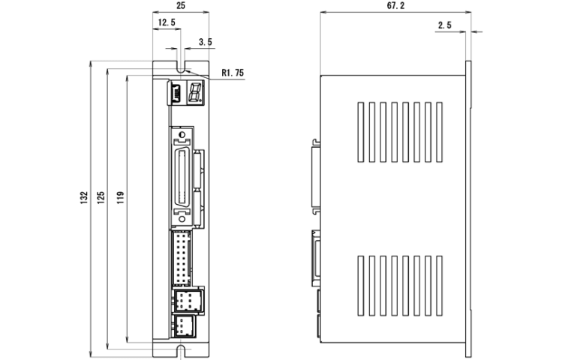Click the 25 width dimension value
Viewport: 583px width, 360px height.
coord(180,5)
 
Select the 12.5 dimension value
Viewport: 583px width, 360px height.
coord(167,22)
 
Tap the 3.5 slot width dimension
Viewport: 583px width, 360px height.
coord(206,42)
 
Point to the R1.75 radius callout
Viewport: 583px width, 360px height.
coord(233,73)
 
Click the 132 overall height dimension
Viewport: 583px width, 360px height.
coord(84,197)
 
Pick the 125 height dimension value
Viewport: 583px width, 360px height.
coord(101,197)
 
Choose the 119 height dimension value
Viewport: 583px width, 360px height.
coord(120,197)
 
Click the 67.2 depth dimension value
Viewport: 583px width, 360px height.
coord(395,5)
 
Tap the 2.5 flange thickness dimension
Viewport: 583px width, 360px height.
coord(445,25)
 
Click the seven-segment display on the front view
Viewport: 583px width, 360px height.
coord(195,91)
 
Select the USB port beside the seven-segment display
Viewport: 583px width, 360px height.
coord(176,93)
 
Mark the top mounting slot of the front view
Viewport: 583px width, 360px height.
coord(181,67)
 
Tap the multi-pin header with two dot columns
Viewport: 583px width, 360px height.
coord(182,257)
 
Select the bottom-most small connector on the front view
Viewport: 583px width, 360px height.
coord(185,326)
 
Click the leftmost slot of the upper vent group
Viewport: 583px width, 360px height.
coord(360,132)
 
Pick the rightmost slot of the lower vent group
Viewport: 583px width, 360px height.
coord(439,286)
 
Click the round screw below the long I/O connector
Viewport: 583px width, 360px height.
coord(182,219)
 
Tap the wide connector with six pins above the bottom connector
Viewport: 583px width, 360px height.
coord(188,300)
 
